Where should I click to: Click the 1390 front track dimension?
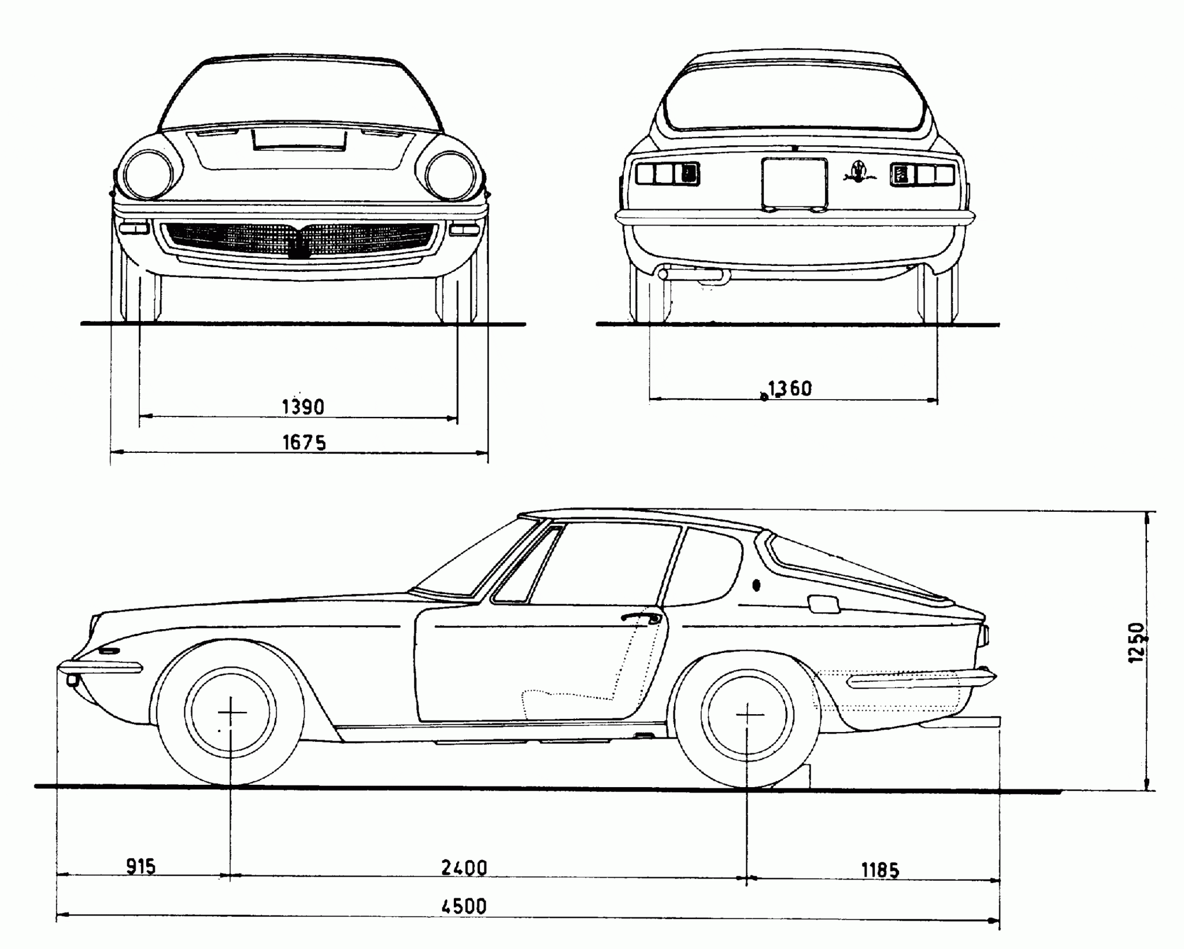[303, 407]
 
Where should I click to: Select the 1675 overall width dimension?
[304, 442]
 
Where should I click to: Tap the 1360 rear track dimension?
[790, 389]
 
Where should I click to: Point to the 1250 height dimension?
[1136, 643]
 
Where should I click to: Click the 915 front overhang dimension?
[141, 867]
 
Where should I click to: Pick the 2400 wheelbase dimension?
[464, 868]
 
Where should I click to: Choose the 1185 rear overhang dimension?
[880, 870]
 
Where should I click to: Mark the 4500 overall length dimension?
[464, 906]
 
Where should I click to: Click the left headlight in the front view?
[148, 174]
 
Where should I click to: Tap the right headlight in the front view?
[450, 175]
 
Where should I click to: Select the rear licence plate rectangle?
[795, 183]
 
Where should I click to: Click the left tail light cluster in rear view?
[667, 173]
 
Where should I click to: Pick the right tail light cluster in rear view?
[922, 174]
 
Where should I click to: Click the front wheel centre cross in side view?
[231, 712]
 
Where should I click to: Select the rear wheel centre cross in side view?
[749, 715]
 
